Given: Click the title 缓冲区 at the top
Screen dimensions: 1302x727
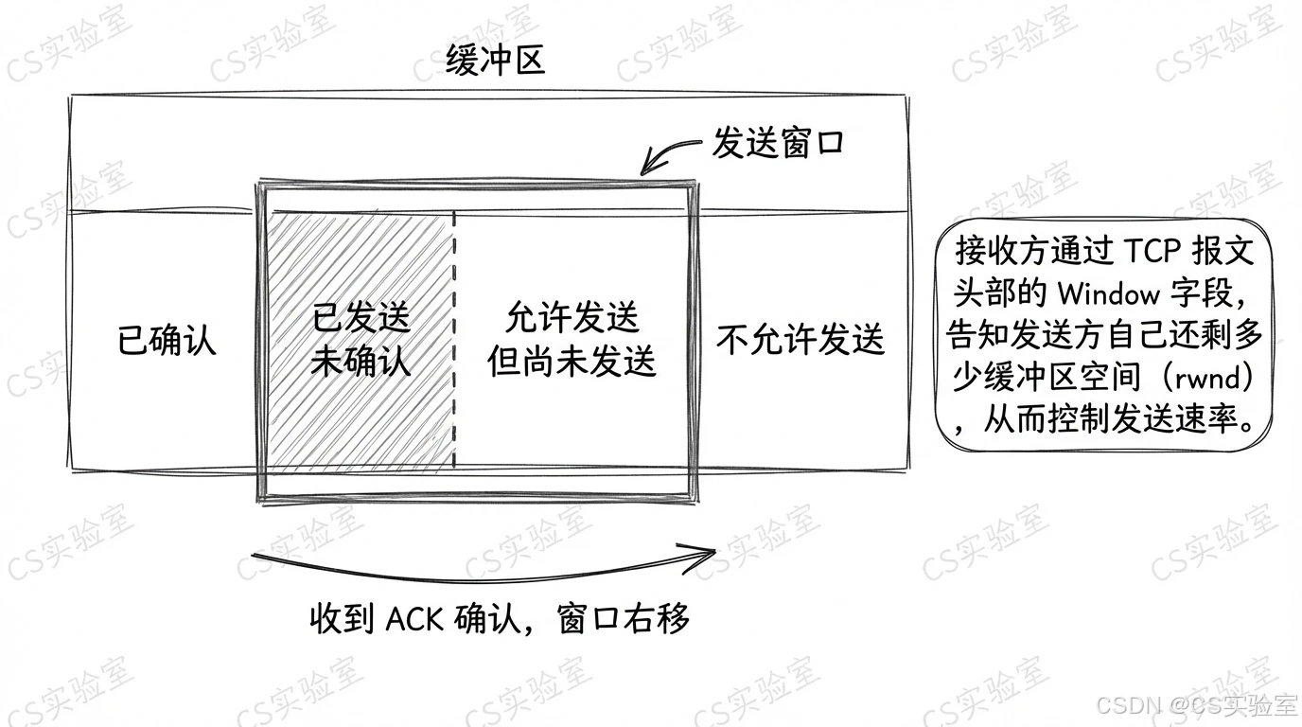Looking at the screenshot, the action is click(x=496, y=62).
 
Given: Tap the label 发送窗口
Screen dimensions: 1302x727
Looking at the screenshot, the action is click(x=778, y=145).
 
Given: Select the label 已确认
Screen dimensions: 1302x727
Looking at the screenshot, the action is click(x=167, y=340).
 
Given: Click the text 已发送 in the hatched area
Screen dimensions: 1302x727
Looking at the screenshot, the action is click(x=361, y=319).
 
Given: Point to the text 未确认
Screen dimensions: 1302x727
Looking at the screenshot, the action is click(x=361, y=362).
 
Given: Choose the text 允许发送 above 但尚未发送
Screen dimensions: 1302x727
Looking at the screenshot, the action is click(x=572, y=318).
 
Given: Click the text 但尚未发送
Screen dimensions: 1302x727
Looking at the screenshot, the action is click(x=572, y=362).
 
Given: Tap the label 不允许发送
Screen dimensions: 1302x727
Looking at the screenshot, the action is click(x=801, y=340).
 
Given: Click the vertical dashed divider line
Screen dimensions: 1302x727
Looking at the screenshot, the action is click(x=454, y=341).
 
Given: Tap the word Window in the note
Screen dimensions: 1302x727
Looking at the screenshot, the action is click(x=1109, y=293).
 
